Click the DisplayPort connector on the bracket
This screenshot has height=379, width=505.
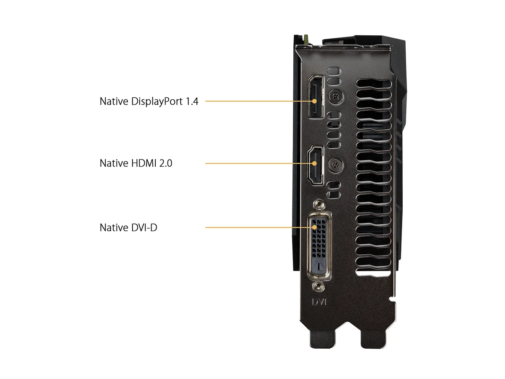[x=316, y=97]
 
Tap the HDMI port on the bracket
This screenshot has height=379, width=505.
[x=316, y=165]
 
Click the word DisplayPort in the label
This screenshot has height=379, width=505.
[x=157, y=101]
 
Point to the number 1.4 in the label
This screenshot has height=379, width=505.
[x=192, y=101]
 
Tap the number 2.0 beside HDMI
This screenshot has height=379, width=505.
[x=166, y=163]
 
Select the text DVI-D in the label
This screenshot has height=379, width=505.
[x=144, y=227]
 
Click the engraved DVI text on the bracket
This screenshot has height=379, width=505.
[x=319, y=302]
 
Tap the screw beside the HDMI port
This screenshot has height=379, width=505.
[x=336, y=165]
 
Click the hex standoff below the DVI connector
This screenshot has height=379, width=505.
[x=318, y=287]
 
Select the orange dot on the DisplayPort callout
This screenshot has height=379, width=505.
[x=314, y=101]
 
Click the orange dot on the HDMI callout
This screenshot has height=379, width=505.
[x=314, y=163]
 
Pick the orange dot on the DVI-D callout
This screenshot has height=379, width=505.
[x=314, y=227]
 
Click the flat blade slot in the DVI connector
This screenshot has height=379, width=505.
[x=319, y=266]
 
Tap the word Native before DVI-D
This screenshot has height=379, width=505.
[x=114, y=227]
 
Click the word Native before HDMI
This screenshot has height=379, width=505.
[x=114, y=163]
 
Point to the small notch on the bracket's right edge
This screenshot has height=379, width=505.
[x=393, y=299]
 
